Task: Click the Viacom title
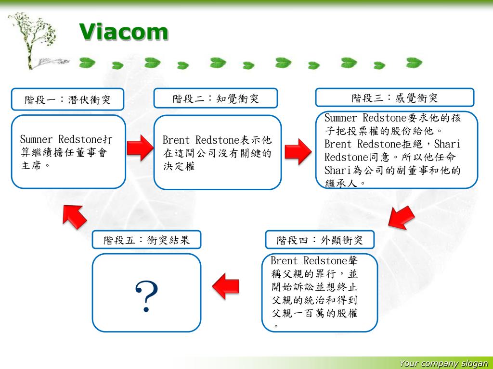[x=124, y=32]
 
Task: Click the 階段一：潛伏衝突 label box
[x=67, y=99]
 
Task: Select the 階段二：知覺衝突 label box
[x=216, y=98]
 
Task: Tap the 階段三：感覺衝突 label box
[x=394, y=98]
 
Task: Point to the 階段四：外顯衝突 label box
[x=320, y=240]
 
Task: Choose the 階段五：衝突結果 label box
[x=146, y=240]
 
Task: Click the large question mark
[x=146, y=295]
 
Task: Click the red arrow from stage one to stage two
[x=139, y=148]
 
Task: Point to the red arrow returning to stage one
[x=75, y=216]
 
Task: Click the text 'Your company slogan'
[x=443, y=364]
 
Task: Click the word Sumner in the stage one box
[x=36, y=140]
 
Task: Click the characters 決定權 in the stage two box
[x=179, y=167]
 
